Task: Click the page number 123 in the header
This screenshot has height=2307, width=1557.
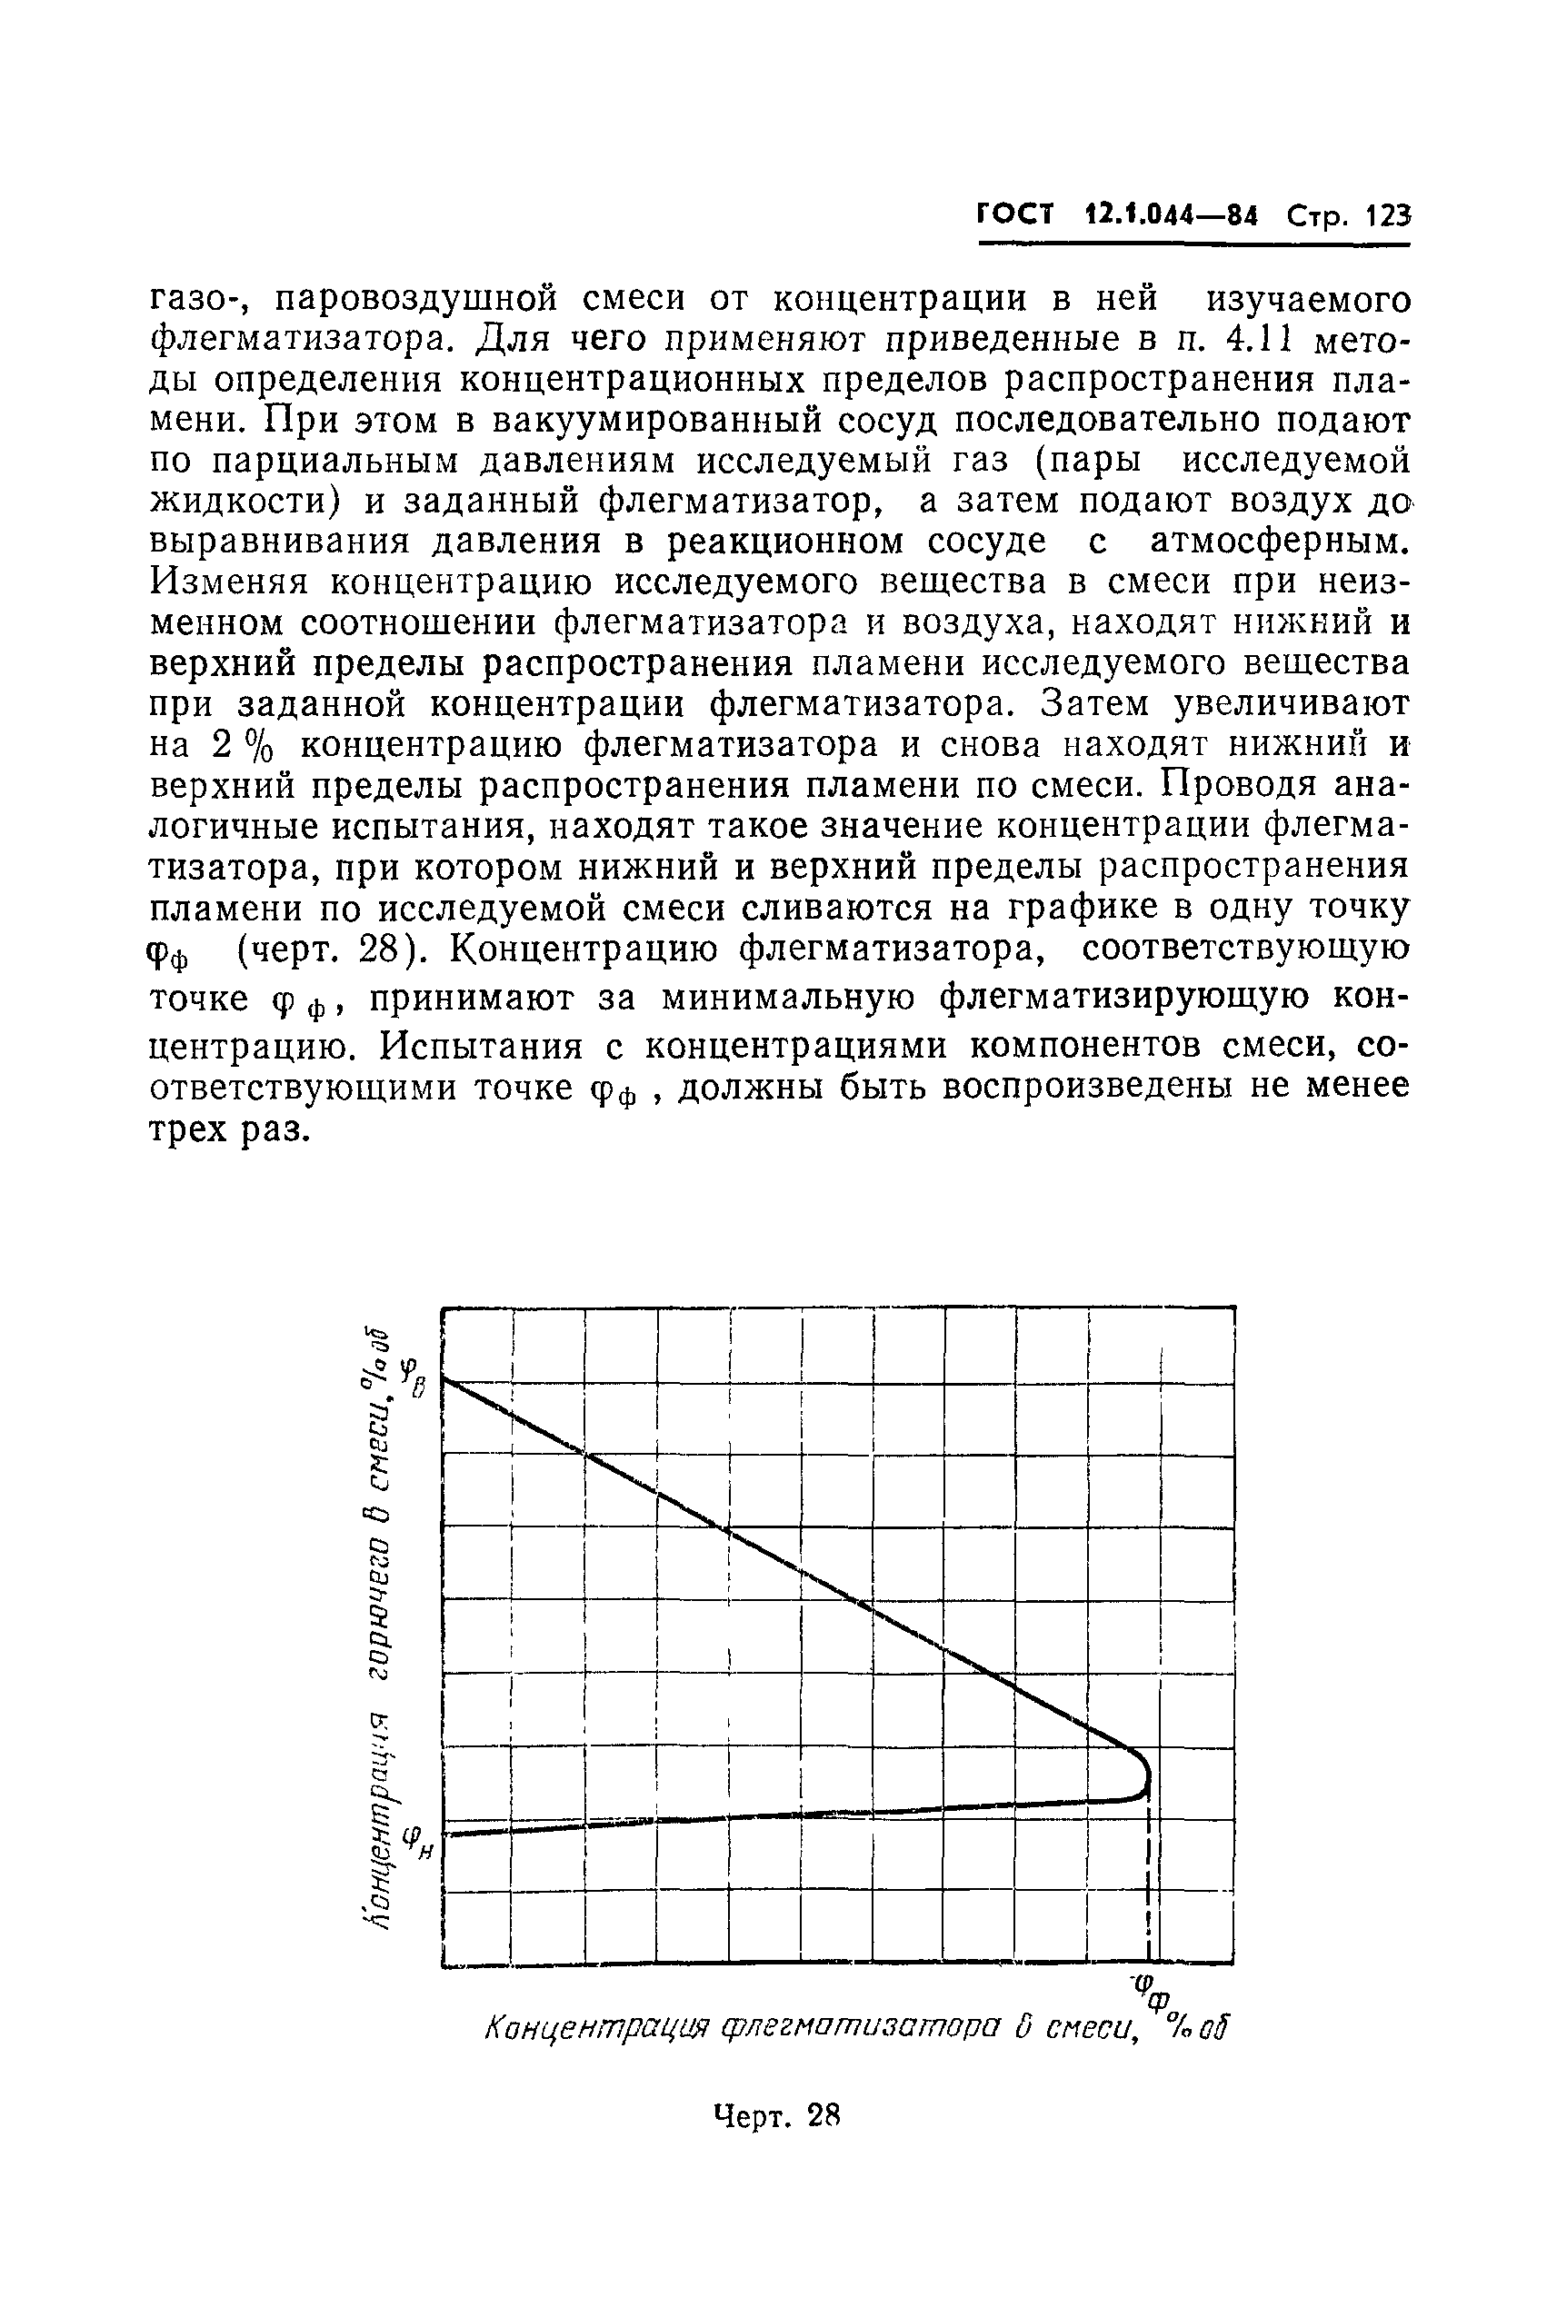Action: pos(1387,215)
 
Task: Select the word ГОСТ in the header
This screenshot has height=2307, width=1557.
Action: pos(1015,214)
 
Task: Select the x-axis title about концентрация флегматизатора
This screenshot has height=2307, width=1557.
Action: pos(854,2028)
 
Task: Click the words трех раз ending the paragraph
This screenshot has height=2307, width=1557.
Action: pos(225,1129)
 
